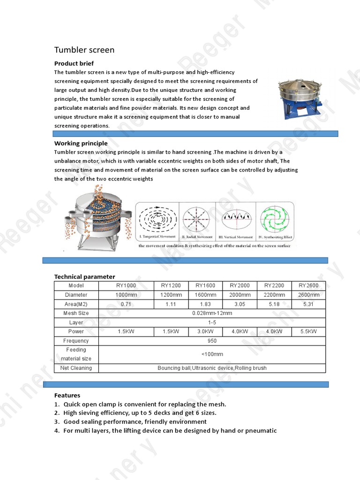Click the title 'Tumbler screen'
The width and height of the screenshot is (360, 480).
point(84,50)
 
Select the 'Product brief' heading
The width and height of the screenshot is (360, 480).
point(74,63)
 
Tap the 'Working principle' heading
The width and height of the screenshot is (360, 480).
point(81,143)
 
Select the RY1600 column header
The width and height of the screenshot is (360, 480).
point(205,286)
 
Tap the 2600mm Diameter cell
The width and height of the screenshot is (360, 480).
point(308,295)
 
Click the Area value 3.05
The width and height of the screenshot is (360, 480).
point(240,304)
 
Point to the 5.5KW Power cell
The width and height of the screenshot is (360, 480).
point(308,331)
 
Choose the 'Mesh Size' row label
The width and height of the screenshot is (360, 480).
point(76,313)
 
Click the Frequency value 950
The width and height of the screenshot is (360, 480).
point(212,341)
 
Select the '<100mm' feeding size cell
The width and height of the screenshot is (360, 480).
point(212,354)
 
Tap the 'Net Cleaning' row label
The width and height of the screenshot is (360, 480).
point(76,368)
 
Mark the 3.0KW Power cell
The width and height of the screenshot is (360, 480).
point(205,331)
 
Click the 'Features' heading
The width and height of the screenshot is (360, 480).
point(67,395)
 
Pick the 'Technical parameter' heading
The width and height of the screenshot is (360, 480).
point(84,277)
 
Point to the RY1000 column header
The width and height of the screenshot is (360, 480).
point(126,286)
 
